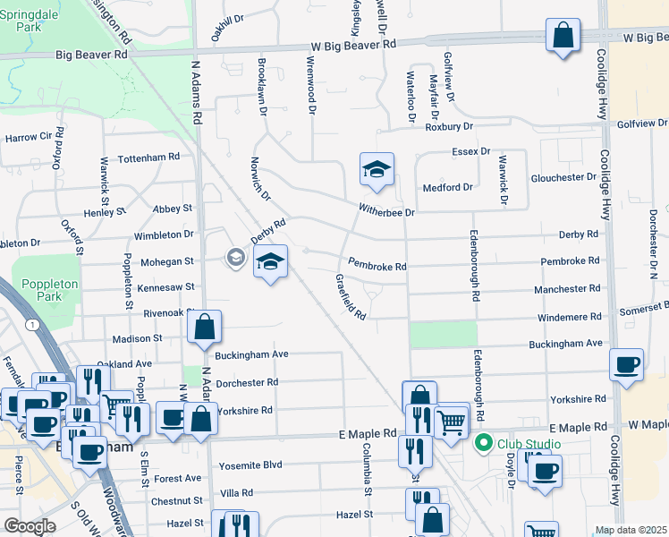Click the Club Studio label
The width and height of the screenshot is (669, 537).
530,444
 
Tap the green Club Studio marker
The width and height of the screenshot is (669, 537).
484,443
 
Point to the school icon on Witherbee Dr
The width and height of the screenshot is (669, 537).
377,168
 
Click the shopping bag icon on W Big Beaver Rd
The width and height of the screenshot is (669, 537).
563,38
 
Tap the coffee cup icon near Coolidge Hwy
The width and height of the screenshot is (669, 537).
627,364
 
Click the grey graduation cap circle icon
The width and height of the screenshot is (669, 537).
235,258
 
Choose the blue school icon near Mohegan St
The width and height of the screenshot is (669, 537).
270,261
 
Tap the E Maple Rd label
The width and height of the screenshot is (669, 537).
368,433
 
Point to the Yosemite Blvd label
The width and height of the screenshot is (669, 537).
250,465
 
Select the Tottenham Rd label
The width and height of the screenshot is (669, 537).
148,157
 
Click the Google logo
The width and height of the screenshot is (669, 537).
30,526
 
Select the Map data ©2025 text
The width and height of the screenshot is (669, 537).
631,530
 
